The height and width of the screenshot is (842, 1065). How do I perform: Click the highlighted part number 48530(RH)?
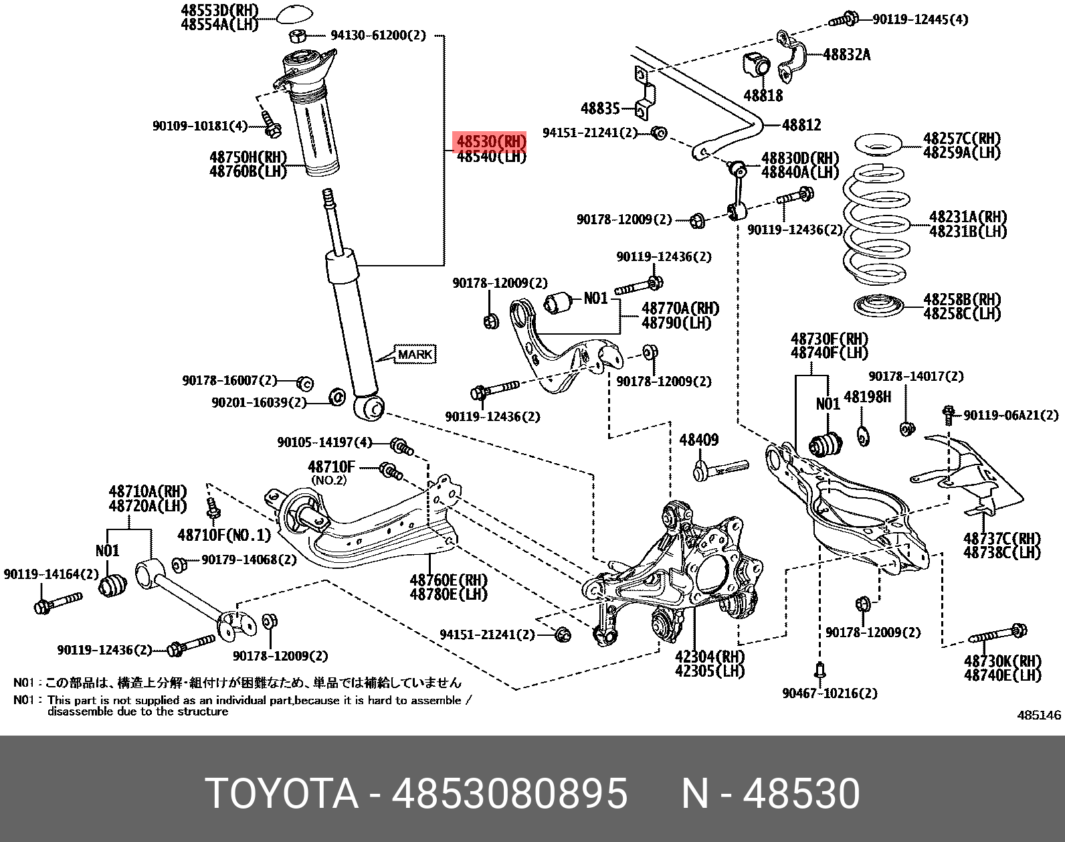pyautogui.click(x=490, y=141)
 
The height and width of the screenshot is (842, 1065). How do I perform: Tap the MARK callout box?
pyautogui.click(x=415, y=354)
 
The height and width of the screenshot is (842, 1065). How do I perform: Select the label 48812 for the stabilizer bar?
pyautogui.click(x=801, y=124)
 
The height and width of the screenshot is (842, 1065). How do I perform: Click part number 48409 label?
pyautogui.click(x=698, y=440)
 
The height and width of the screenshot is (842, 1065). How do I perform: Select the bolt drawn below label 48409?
pyautogui.click(x=720, y=470)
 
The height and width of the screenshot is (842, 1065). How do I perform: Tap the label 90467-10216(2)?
pyautogui.click(x=829, y=693)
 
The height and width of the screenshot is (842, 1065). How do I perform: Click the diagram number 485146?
pyautogui.click(x=1038, y=715)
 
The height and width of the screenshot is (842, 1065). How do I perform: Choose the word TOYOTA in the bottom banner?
pyautogui.click(x=281, y=794)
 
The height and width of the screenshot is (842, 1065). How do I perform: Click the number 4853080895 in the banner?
pyautogui.click(x=509, y=794)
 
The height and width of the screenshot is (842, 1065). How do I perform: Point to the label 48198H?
pyautogui.click(x=867, y=397)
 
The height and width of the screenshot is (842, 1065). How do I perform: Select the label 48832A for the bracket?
pyautogui.click(x=846, y=55)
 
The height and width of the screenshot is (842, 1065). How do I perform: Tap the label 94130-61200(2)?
pyautogui.click(x=378, y=35)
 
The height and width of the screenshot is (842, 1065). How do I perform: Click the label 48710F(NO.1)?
pyautogui.click(x=224, y=535)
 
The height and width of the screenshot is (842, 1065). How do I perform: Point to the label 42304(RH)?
pyautogui.click(x=709, y=657)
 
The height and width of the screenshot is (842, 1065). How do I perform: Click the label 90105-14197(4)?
pyautogui.click(x=324, y=442)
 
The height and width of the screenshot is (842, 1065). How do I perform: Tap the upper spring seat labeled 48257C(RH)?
pyautogui.click(x=878, y=145)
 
